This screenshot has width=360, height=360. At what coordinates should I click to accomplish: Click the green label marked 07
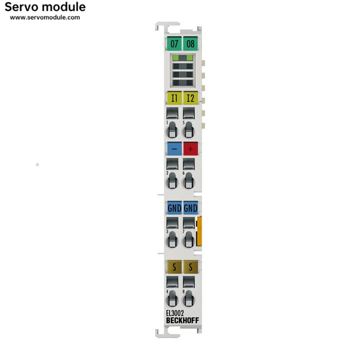[x=174, y=43]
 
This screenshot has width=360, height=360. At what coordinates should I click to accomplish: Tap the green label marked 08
[x=190, y=43]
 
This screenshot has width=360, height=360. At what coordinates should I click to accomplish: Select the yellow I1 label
[x=173, y=97]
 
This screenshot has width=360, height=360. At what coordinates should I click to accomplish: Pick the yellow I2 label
[x=190, y=97]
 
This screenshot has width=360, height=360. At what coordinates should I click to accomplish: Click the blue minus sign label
[x=173, y=148]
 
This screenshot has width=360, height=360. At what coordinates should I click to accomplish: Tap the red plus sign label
[x=190, y=148]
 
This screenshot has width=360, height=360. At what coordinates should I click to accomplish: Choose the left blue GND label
[x=173, y=208]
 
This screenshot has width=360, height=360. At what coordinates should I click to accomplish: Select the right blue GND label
[x=190, y=208]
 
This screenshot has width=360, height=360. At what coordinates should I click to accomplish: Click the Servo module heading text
[x=45, y=7]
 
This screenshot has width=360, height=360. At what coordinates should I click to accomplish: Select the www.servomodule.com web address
[x=45, y=17]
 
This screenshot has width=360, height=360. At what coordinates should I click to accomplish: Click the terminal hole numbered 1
[x=172, y=130]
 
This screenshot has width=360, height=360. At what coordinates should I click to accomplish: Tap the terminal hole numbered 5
[x=188, y=130]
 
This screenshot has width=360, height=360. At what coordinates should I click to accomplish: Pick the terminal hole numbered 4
[x=172, y=299]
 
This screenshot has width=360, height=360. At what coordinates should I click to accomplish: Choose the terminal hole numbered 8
[x=188, y=299]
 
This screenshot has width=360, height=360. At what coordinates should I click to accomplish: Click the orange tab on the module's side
[x=199, y=231]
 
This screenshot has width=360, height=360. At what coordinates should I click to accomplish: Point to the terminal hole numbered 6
[x=188, y=181]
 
